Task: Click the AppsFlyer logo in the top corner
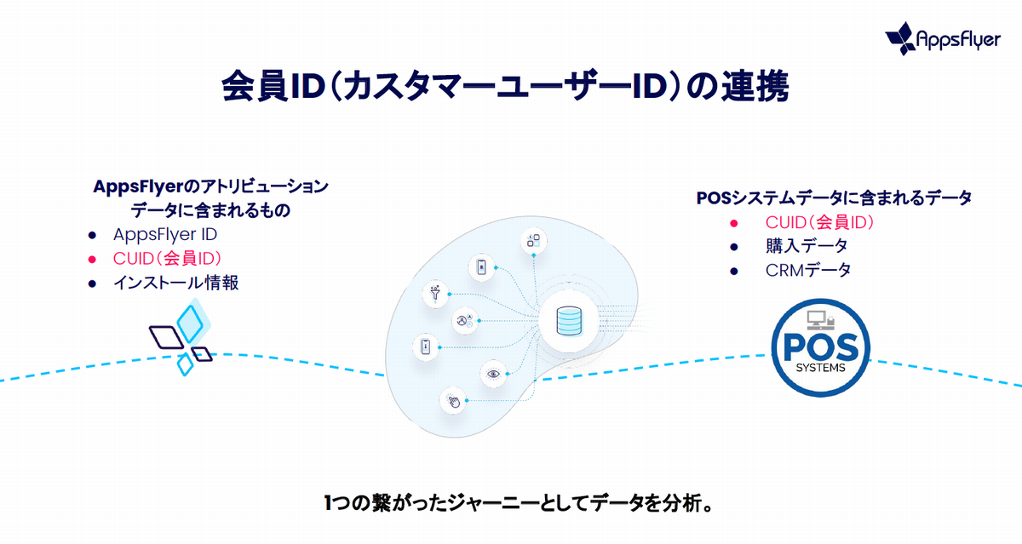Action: [x=942, y=38]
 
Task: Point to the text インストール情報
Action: [x=175, y=283]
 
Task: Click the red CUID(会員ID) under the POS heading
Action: [x=820, y=223]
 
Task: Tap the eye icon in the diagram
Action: [x=492, y=373]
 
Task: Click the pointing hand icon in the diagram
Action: [x=454, y=400]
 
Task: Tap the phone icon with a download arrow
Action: [x=426, y=346]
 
